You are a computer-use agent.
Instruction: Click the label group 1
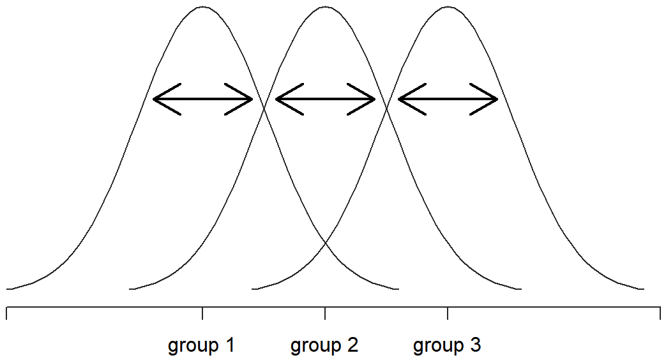pyautogui.click(x=201, y=345)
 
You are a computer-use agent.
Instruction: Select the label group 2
pyautogui.click(x=324, y=345)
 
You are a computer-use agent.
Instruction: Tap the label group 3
pyautogui.click(x=447, y=345)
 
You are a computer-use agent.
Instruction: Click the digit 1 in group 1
pyautogui.click(x=229, y=344)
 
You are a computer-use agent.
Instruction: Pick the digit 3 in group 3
pyautogui.click(x=475, y=344)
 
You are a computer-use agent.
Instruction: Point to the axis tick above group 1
pyautogui.click(x=202, y=313)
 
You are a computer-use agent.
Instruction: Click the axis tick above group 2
pyautogui.click(x=325, y=313)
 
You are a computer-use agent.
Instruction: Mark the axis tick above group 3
pyautogui.click(x=447, y=313)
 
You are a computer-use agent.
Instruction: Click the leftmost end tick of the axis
pyautogui.click(x=7, y=313)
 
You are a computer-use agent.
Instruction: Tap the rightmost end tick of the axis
pyautogui.click(x=660, y=313)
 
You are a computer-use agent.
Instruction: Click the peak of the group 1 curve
pyautogui.click(x=202, y=7)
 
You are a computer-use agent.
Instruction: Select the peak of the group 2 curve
pyautogui.click(x=325, y=7)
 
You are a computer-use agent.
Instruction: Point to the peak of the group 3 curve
pyautogui.click(x=448, y=7)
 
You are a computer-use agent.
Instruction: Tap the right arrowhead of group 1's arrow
pyautogui.click(x=252, y=100)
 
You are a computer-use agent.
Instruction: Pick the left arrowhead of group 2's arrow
pyautogui.click(x=276, y=100)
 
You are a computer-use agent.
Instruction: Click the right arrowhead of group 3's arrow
pyautogui.click(x=497, y=100)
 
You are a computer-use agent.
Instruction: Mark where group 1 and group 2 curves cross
pyautogui.click(x=264, y=109)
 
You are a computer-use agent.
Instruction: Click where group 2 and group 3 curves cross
pyautogui.click(x=386, y=109)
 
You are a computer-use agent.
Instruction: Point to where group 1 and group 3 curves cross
pyautogui.click(x=326, y=243)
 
